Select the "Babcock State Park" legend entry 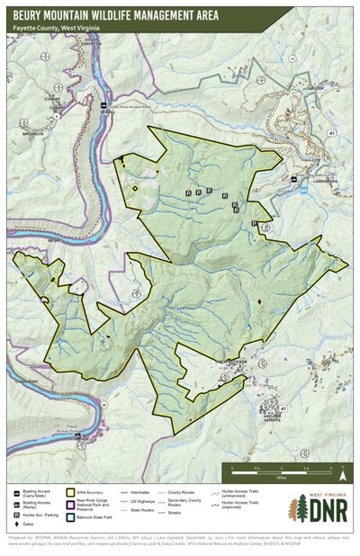tap(100, 517)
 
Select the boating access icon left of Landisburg tap(296, 176)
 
